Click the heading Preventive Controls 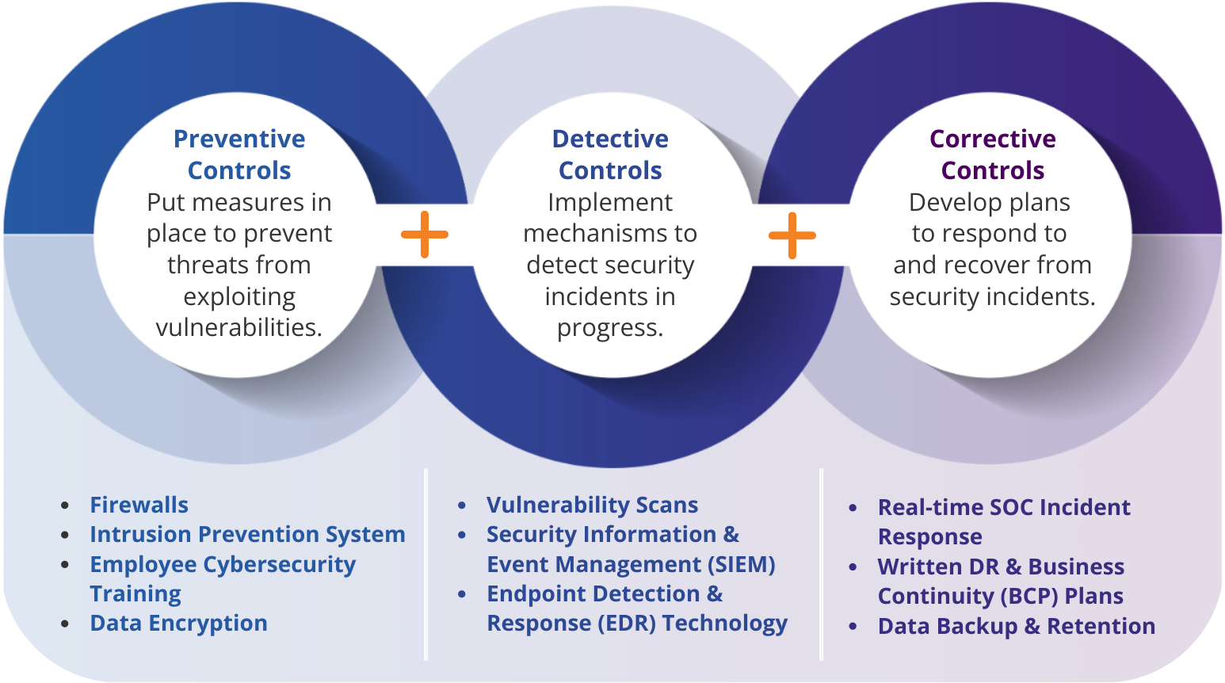point(239,155)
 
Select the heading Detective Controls point(610,155)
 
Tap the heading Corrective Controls point(992,155)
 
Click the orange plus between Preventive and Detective point(425,235)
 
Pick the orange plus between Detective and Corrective point(792,235)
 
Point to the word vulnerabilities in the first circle point(238,327)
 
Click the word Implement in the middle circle point(610,202)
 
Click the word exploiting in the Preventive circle point(239,296)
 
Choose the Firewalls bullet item point(139,505)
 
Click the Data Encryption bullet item point(179,624)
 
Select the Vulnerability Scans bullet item point(593,505)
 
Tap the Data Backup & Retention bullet point(1017,626)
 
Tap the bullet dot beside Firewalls point(65,505)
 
